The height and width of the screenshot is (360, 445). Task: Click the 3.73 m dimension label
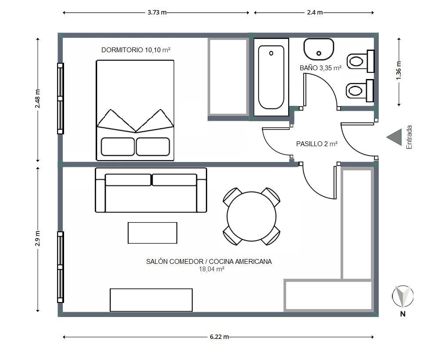157,12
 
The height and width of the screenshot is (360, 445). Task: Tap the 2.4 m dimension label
315,12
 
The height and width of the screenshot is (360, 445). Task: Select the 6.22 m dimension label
219,337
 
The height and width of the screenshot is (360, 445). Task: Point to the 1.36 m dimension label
399,70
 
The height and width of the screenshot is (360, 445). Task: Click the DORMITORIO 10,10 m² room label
136,50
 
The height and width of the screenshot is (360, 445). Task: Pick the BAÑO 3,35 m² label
320,68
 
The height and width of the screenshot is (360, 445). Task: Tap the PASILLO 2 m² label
317,144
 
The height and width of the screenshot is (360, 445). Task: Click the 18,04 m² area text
212,269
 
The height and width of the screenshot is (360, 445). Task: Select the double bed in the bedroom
135,110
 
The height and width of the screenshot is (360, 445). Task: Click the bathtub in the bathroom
271,77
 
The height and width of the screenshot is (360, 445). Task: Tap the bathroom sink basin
319,49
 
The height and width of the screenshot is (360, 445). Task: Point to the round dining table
251,216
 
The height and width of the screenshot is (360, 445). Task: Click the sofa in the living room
151,190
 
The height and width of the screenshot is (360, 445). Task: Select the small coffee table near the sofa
152,233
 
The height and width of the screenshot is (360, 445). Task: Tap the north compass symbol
402,297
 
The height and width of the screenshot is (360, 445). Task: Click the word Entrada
409,137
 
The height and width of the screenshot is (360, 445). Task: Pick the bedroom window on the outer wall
60,98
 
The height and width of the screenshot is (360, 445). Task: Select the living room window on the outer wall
60,267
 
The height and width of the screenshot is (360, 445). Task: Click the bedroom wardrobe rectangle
229,77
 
